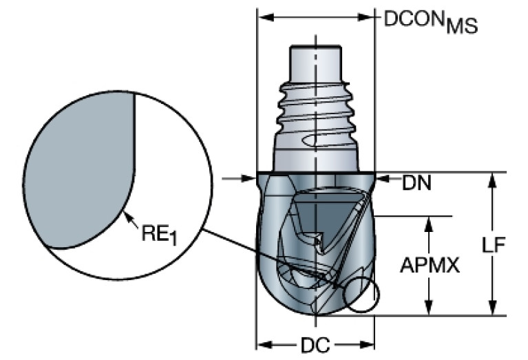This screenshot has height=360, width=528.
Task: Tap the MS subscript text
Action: pyautogui.click(x=460, y=26)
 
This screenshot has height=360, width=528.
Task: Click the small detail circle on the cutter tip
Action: pyautogui.click(x=362, y=295)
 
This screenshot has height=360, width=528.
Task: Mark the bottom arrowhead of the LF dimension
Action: pyautogui.click(x=492, y=310)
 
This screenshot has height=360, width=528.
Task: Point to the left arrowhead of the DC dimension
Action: pyautogui.click(x=262, y=343)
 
